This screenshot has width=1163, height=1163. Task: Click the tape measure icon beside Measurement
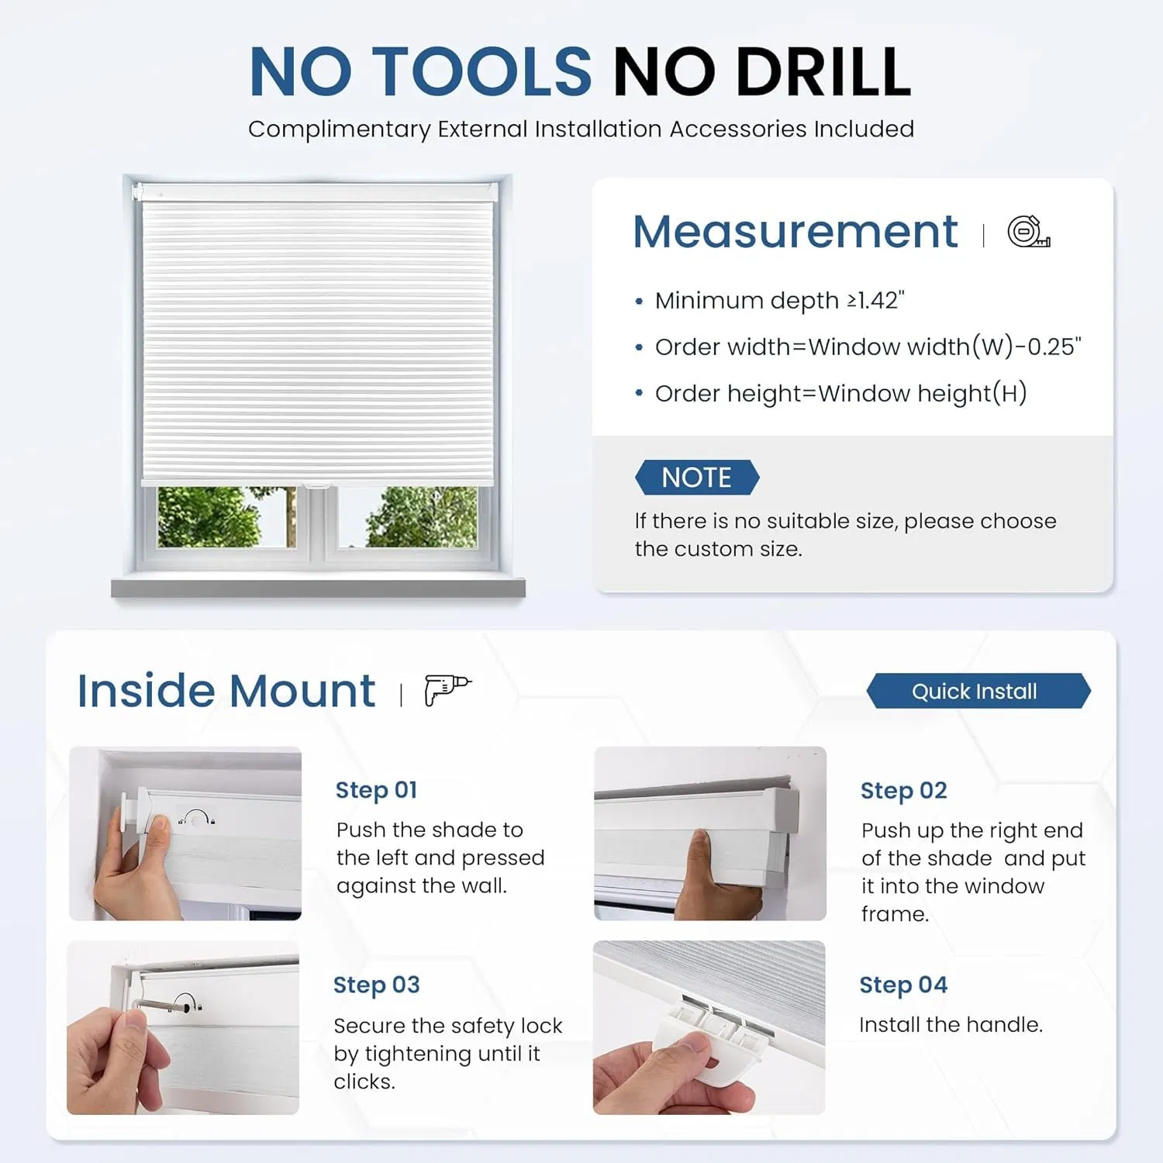pos(1028,232)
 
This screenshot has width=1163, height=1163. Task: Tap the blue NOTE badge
pos(696,478)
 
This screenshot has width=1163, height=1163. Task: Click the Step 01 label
pos(376,790)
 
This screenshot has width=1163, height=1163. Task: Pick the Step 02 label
pos(903,791)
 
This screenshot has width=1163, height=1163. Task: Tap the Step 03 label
pos(376,985)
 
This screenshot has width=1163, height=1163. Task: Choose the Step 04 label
pos(903,985)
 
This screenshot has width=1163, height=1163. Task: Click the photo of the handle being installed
pos(709,1027)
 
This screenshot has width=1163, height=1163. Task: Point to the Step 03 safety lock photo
pos(183,1027)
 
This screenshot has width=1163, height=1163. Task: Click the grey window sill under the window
pos(318,588)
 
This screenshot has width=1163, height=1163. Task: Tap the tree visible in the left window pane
pos(209,517)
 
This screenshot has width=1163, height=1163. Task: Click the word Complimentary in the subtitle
pos(339,129)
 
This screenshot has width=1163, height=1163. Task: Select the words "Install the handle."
pos(951,1025)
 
